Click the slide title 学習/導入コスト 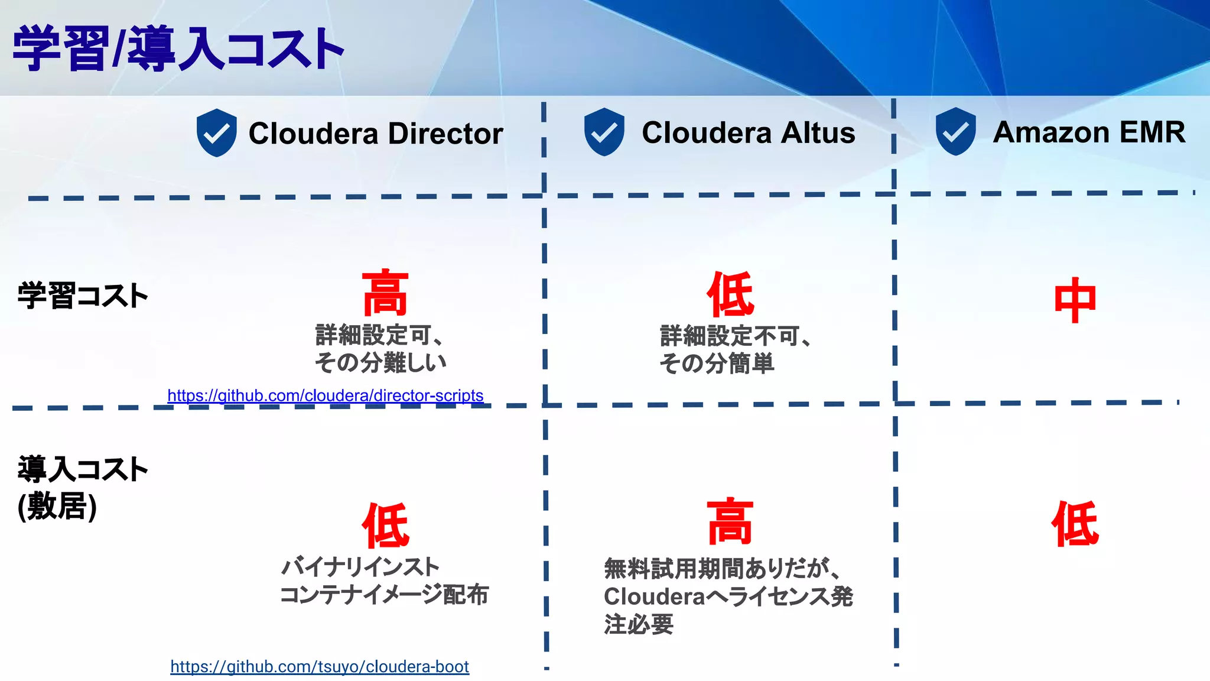[x=177, y=48]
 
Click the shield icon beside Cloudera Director [x=216, y=132]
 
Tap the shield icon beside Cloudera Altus [x=604, y=132]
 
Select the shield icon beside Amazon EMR [x=955, y=131]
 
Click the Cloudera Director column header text [x=376, y=134]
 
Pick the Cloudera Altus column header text [x=748, y=132]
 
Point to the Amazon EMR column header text [x=1089, y=132]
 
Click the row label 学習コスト [x=83, y=296]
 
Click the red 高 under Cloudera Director [x=385, y=293]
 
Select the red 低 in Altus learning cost [x=730, y=294]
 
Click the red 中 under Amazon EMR [x=1075, y=300]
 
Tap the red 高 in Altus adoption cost [x=730, y=521]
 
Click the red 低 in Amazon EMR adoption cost [x=1075, y=524]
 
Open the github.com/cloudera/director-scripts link [x=325, y=395]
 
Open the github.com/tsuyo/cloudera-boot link [x=319, y=667]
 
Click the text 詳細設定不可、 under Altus [x=735, y=336]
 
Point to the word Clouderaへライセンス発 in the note [x=728, y=596]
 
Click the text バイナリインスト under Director [x=360, y=567]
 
